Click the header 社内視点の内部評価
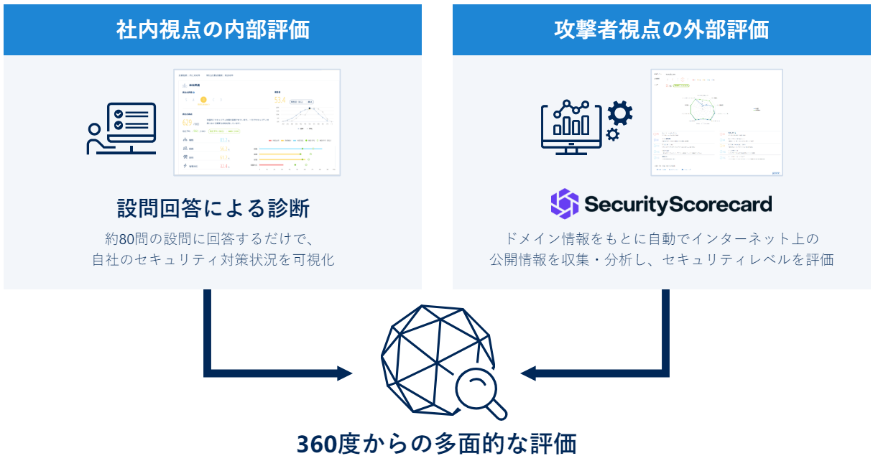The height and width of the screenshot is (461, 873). click(x=213, y=29)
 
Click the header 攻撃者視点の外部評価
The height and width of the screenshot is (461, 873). click(x=661, y=29)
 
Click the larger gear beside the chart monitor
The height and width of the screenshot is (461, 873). click(x=620, y=113)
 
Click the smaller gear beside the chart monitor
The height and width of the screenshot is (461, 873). click(x=613, y=134)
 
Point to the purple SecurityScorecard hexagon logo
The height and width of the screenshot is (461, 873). click(x=565, y=203)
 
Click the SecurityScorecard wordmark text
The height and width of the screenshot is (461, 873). click(x=678, y=204)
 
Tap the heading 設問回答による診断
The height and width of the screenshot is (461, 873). click(x=213, y=208)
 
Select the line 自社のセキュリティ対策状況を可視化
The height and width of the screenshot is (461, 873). click(x=213, y=259)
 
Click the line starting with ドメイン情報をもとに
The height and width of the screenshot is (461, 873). click(x=661, y=238)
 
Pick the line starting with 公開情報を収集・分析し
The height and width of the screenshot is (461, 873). click(x=661, y=259)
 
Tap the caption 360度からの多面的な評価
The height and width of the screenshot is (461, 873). click(x=437, y=442)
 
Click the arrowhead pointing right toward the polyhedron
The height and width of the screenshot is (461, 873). click(x=343, y=373)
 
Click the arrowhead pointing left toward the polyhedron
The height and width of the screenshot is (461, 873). click(x=530, y=373)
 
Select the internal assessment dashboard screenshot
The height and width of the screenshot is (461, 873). click(x=257, y=123)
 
